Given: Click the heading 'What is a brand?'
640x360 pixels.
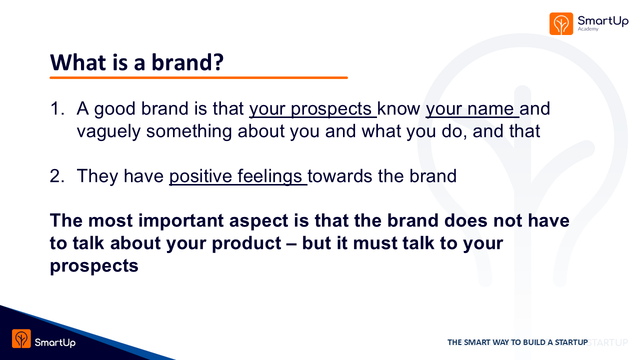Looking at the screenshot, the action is (136, 62).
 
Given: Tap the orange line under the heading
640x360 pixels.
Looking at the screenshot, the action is (198, 77).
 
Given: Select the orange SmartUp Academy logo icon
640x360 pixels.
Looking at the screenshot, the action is (561, 23).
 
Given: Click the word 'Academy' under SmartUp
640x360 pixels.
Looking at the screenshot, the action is (588, 29).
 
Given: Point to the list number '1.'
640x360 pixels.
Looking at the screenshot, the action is (57, 109).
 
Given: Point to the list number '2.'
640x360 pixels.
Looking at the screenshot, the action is (57, 176).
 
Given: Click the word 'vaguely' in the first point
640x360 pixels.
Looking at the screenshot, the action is (108, 132).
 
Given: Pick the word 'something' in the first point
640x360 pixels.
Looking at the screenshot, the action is (189, 132).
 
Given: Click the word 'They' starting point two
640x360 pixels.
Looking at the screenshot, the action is (97, 176).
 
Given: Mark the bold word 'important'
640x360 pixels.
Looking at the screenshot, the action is (181, 221).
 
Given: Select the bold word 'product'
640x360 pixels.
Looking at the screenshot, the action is (246, 243).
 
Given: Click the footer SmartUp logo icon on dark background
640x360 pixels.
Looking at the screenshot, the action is (21, 338).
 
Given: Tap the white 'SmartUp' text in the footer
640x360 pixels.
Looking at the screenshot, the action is (55, 342).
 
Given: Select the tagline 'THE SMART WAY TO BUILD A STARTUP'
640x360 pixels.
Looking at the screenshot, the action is (517, 342).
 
